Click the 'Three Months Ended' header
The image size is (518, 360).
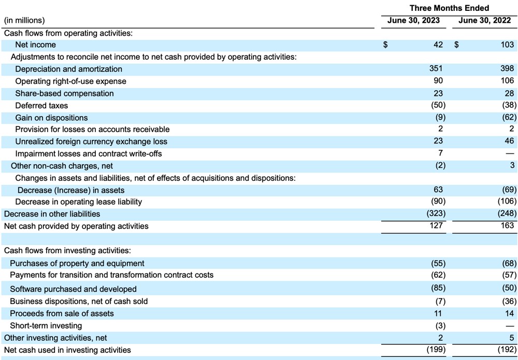[x=449, y=8]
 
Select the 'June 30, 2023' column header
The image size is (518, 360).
[x=413, y=20]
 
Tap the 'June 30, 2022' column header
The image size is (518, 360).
[x=484, y=20]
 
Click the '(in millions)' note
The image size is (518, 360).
[x=24, y=20]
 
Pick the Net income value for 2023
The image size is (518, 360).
[x=438, y=45]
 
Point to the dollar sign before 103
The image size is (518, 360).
[x=456, y=45]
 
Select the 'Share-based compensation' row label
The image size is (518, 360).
[x=64, y=93]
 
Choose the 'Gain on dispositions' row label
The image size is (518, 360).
[x=51, y=118]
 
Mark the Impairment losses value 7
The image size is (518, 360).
[x=440, y=153]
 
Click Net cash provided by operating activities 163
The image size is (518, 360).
[x=508, y=225]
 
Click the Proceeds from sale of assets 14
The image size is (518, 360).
[x=510, y=313]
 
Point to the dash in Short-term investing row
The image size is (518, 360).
[x=510, y=326]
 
